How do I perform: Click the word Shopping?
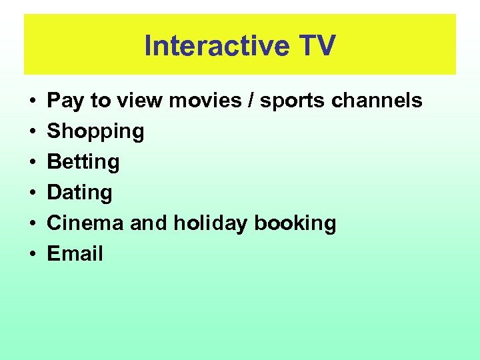[95, 131]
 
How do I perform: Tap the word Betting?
[83, 162]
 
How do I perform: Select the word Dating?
[79, 193]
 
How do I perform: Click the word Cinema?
[85, 223]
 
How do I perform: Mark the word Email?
[75, 253]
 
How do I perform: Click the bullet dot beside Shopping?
[32, 131]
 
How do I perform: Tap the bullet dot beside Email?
[32, 254]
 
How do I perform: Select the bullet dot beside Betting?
[32, 162]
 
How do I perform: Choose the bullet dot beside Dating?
[32, 193]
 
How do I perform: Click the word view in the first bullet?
[139, 101]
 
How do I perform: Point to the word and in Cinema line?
[149, 223]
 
